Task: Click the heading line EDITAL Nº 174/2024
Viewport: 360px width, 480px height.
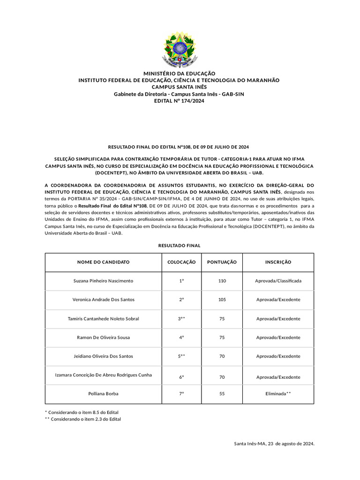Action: click(179, 101)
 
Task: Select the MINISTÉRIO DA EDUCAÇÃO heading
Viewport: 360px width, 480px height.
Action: click(179, 74)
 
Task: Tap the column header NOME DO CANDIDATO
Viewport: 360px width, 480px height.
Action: click(103, 262)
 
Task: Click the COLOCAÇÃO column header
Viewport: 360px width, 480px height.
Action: click(181, 262)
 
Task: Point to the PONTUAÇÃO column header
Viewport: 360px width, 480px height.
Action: click(222, 262)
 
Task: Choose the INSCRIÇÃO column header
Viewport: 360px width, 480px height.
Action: click(278, 262)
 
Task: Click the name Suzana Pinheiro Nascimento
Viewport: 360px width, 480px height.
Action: click(103, 281)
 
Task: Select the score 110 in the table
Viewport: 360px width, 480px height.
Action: click(222, 281)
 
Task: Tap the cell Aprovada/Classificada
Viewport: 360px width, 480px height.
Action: click(278, 281)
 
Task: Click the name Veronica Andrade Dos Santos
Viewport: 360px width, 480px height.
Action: click(103, 300)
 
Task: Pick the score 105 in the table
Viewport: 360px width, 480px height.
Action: click(222, 300)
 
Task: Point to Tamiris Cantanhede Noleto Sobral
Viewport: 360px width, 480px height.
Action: click(103, 319)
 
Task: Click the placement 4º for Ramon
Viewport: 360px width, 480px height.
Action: click(181, 337)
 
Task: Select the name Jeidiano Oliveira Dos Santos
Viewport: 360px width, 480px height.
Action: click(103, 356)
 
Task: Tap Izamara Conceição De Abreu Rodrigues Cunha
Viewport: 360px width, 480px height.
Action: click(103, 375)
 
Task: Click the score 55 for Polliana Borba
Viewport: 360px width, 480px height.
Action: click(222, 394)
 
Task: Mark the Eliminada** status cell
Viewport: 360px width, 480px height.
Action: click(278, 394)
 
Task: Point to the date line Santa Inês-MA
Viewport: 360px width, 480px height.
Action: click(274, 443)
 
